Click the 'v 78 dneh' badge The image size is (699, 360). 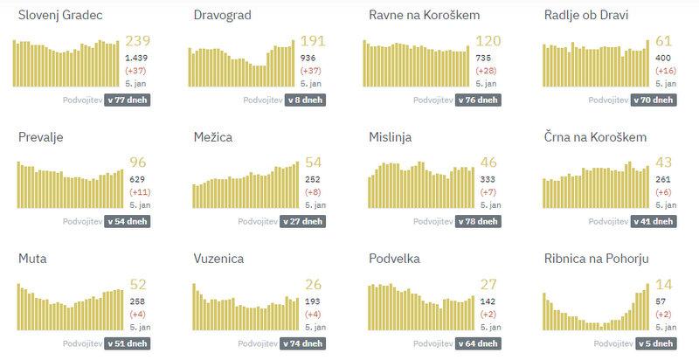(478, 221)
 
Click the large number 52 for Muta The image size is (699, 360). (138, 284)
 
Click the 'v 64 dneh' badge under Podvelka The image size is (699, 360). (478, 343)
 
